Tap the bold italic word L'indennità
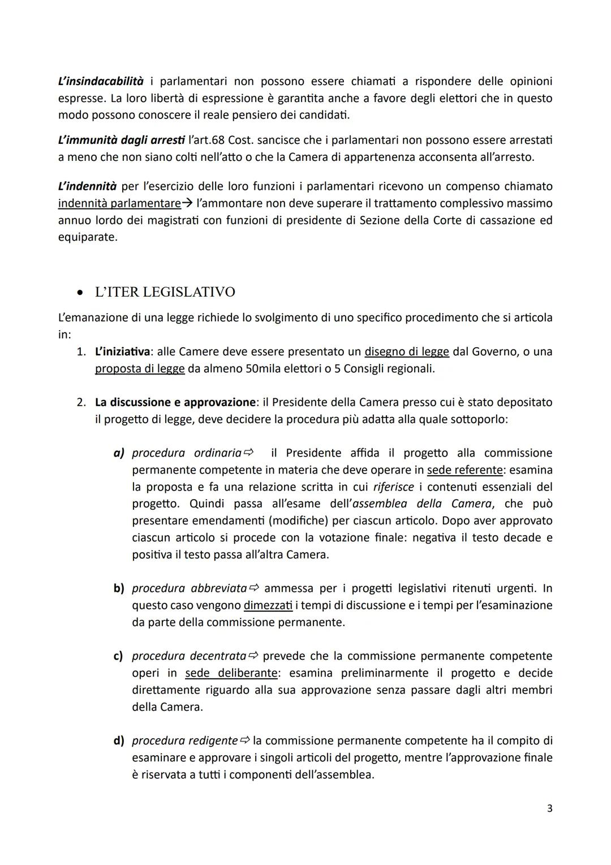point(87,186)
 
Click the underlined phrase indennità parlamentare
point(119,203)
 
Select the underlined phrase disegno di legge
point(407,352)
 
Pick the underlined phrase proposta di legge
point(140,369)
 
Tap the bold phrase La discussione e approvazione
point(175,402)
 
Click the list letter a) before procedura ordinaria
point(119,453)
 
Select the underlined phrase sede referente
point(464,470)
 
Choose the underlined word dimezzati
point(268,606)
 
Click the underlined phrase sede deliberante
point(231,673)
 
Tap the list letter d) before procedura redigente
point(119,741)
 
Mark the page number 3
point(549,808)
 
